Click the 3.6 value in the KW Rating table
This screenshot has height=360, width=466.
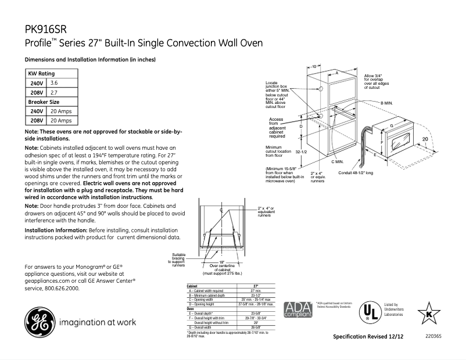pos(54,84)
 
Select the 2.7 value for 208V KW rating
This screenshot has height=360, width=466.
pos(54,92)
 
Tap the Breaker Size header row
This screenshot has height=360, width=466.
pos(44,102)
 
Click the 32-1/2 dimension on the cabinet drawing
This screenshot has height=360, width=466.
pos(301,152)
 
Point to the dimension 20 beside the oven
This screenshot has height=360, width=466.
pos(426,139)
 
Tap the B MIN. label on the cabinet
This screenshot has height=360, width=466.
pos(387,102)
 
